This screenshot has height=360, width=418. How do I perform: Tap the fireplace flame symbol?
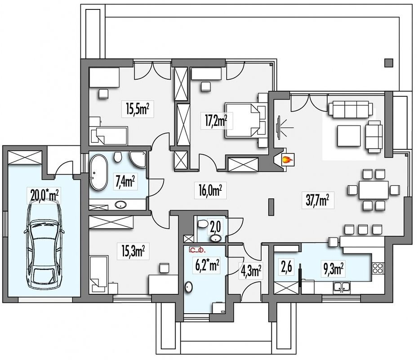pyautogui.click(x=288, y=160)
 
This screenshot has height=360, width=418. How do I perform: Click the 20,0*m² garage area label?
pyautogui.click(x=44, y=194)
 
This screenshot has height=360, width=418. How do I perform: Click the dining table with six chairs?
pyautogui.click(x=373, y=190)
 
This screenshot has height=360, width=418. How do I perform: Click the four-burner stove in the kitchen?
pyautogui.click(x=378, y=268)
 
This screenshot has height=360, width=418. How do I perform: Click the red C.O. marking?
pyautogui.click(x=197, y=250)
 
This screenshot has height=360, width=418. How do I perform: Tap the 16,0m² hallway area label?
pyautogui.click(x=210, y=190)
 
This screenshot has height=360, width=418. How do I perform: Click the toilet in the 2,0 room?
pyautogui.click(x=203, y=224)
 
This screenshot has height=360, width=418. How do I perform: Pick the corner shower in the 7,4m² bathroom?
pyautogui.click(x=138, y=159)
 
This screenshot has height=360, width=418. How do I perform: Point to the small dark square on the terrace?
pyautogui.click(x=389, y=63)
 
